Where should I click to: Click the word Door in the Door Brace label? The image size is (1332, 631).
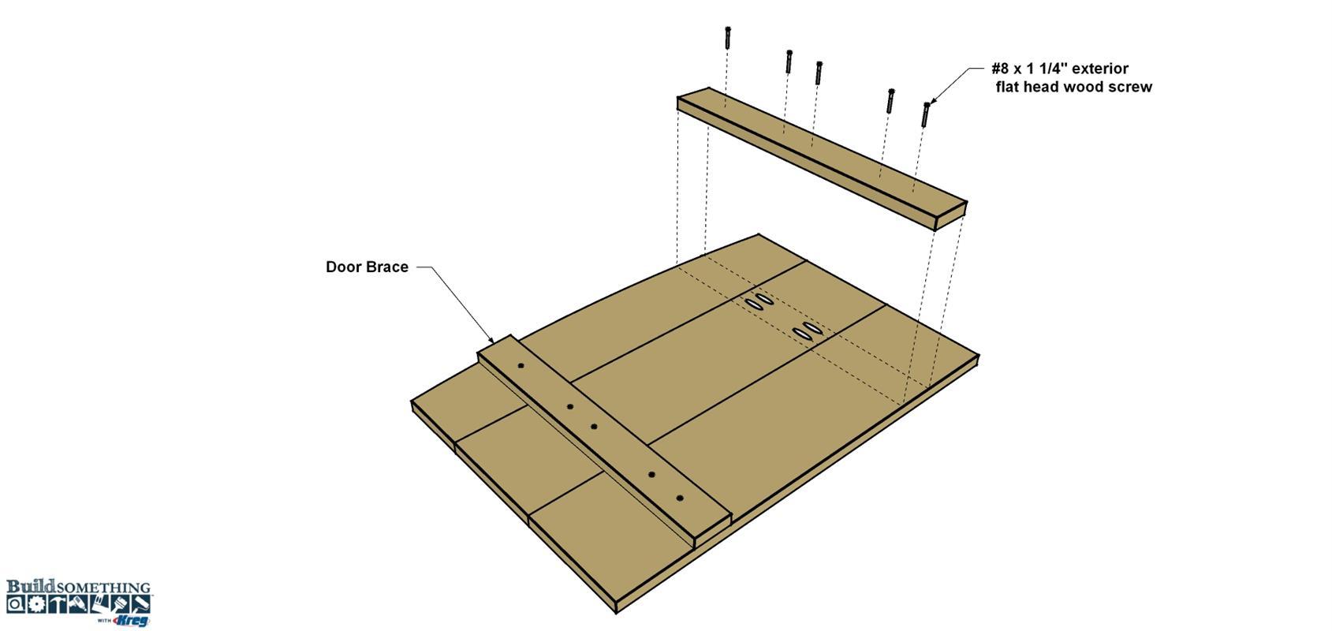(343, 267)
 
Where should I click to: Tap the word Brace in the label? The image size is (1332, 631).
(387, 267)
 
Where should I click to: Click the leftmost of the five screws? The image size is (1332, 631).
(727, 38)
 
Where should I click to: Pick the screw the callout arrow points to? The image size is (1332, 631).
(925, 114)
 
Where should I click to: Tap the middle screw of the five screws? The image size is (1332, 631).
(819, 73)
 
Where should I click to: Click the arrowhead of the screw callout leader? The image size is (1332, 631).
(932, 100)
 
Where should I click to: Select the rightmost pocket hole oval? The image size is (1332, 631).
(812, 327)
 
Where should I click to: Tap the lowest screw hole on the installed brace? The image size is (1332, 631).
(681, 498)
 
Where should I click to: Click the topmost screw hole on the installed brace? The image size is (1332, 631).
(521, 366)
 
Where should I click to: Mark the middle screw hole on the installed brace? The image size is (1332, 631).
(594, 427)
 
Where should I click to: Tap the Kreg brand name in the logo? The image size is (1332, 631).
(131, 620)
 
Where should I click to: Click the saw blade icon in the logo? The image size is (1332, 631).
(38, 604)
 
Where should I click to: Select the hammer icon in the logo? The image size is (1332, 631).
(57, 604)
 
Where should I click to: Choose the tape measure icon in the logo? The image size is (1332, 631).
(16, 604)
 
